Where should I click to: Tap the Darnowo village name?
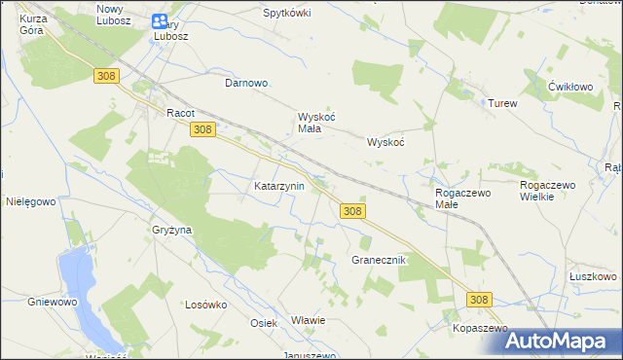coord(246,84)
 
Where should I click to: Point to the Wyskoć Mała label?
coord(316,123)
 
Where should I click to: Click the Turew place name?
coord(502,103)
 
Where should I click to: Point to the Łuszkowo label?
coord(592,276)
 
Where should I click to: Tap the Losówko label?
coord(205,304)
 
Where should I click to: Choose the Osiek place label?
coord(264,323)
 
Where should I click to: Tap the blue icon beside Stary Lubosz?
coord(159,20)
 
